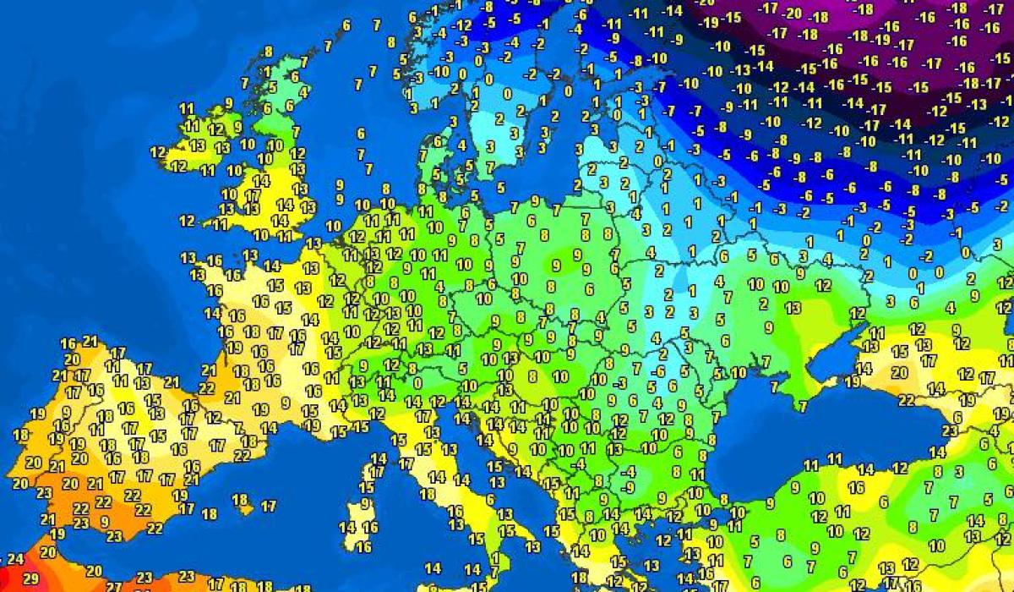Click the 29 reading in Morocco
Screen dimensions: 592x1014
(30, 578)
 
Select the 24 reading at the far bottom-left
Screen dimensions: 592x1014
(14, 559)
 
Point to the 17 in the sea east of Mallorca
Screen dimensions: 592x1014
(269, 507)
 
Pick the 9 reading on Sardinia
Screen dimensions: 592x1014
(365, 503)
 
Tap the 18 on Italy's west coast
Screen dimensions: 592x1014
(428, 494)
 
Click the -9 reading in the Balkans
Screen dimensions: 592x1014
(627, 487)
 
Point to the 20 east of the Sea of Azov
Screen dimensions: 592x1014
(898, 372)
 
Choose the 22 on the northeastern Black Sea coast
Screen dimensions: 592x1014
(906, 399)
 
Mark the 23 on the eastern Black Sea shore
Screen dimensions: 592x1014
(950, 430)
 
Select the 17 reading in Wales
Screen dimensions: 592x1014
(252, 195)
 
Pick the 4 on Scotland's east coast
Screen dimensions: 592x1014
(303, 91)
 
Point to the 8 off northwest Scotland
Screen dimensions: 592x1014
(269, 51)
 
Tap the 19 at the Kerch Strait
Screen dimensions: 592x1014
(852, 381)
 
